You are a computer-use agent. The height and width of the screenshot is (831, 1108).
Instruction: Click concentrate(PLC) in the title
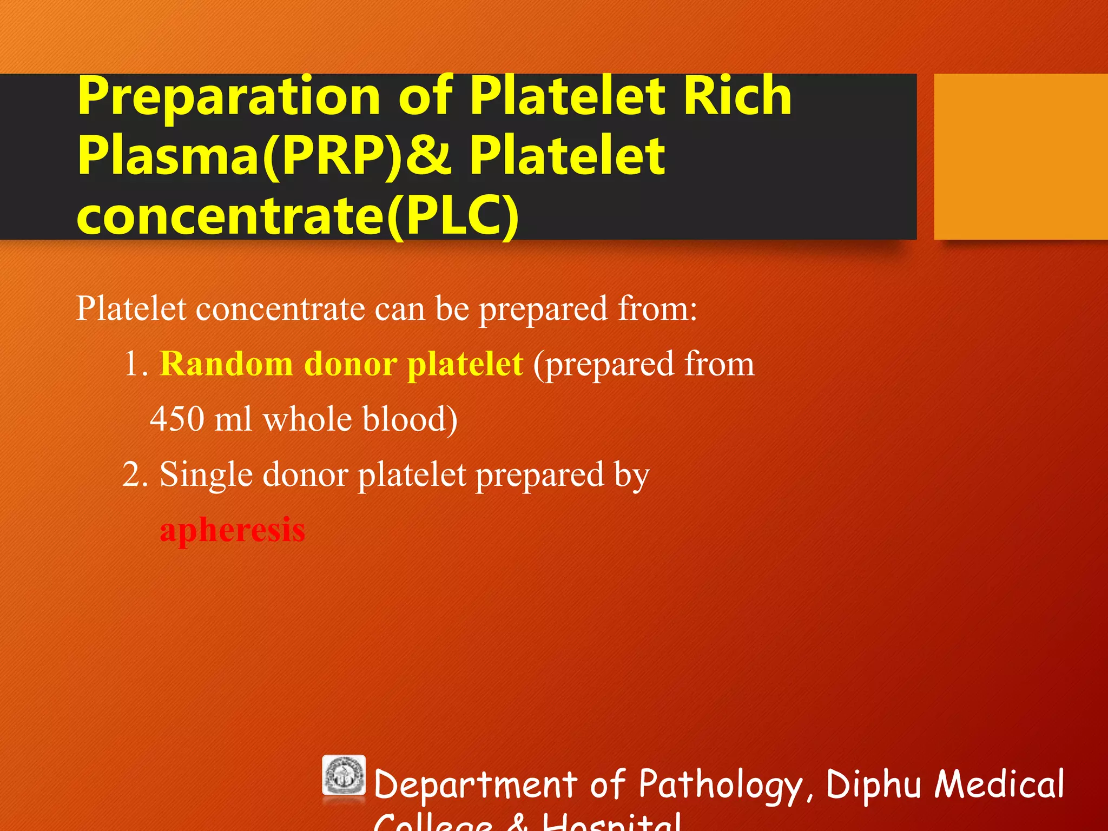click(298, 216)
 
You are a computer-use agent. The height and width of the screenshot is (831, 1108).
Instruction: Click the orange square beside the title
click(1020, 156)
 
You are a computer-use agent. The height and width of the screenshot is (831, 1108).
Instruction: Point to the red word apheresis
click(232, 530)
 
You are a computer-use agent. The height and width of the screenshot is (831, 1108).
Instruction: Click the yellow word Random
click(226, 364)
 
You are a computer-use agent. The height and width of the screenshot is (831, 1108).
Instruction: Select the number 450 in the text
click(177, 419)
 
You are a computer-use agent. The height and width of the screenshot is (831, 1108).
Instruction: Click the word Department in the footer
click(476, 784)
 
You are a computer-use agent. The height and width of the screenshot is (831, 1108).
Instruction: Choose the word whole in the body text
click(307, 419)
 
